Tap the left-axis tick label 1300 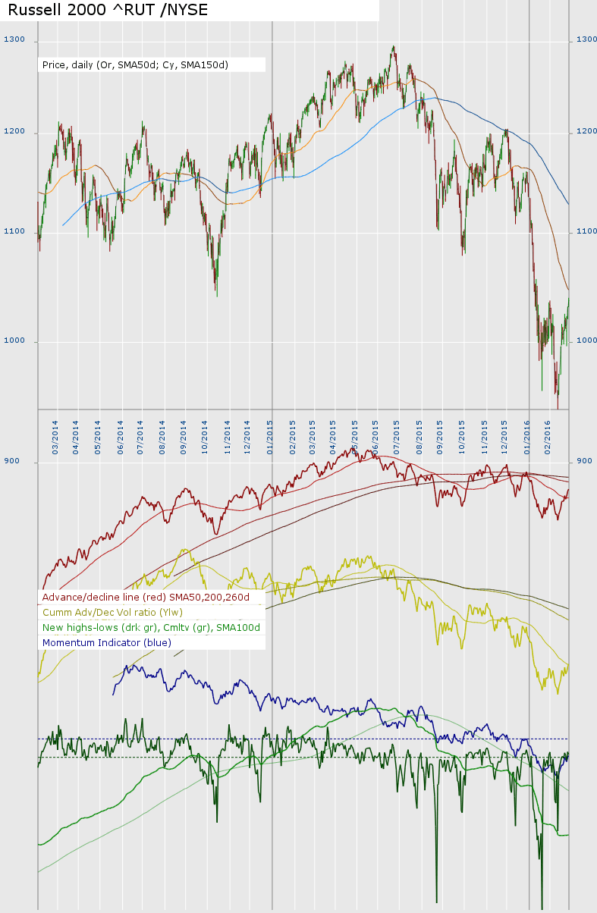click(x=14, y=39)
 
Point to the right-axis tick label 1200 click(x=586, y=133)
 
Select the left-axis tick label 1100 click(x=14, y=231)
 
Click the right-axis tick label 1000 click(x=586, y=341)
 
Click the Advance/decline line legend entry click(x=151, y=598)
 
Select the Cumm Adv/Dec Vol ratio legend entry click(x=112, y=613)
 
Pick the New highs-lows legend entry click(x=151, y=628)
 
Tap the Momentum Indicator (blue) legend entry click(x=107, y=643)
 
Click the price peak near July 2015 click(x=393, y=47)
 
